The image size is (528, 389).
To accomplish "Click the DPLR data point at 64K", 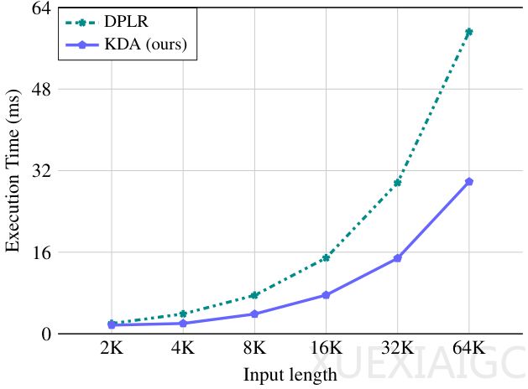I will [469, 32].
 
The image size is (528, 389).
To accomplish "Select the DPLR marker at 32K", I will [398, 182].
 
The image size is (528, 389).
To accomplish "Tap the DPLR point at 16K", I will [326, 258].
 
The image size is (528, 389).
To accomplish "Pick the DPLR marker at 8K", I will [254, 295].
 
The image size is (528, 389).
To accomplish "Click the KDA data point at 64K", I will [469, 181].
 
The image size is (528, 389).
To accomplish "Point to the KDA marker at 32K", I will [398, 258].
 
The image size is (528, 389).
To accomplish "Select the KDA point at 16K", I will [326, 295].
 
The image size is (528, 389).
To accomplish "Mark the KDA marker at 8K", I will [254, 314].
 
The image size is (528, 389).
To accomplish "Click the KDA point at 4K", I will [183, 323].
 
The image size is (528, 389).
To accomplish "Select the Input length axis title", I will [290, 374].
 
